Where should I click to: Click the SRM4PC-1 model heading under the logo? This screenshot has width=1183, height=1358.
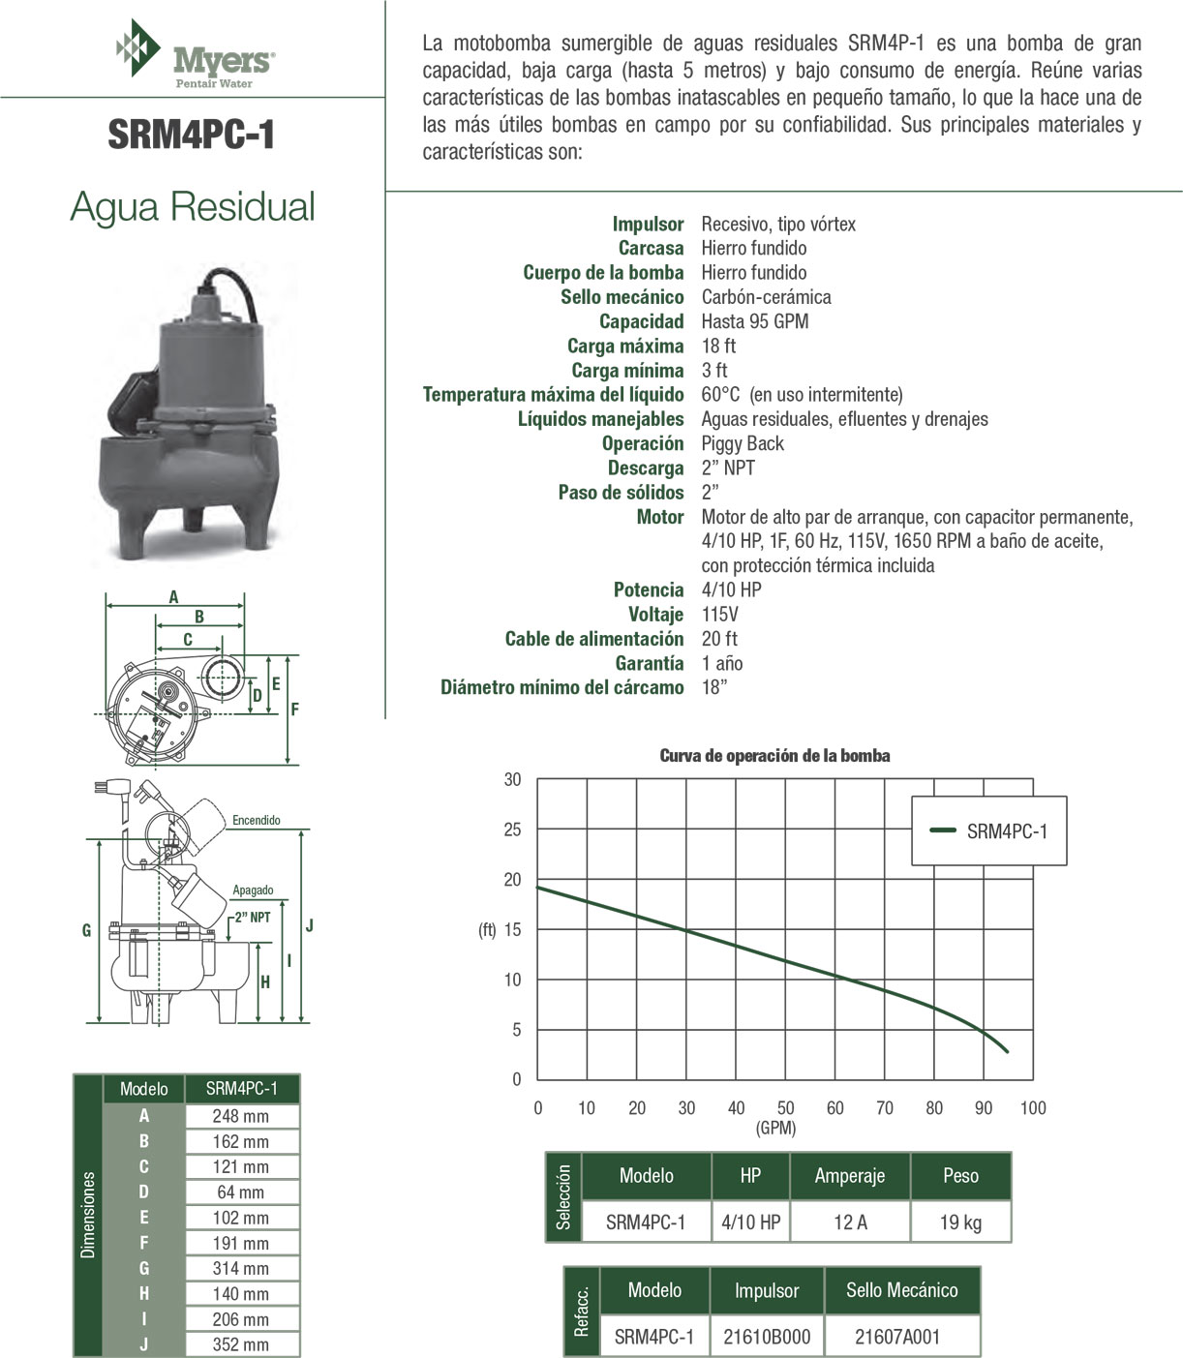point(192,135)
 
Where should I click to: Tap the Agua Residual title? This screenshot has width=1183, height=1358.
point(193,207)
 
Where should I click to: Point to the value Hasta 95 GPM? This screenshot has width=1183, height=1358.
point(754,321)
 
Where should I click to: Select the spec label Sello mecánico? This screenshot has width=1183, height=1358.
point(622,297)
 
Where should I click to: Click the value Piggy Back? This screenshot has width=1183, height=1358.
point(743,443)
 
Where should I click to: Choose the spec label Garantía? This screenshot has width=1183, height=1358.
point(649,663)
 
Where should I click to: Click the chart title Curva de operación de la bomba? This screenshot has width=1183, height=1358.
point(774,756)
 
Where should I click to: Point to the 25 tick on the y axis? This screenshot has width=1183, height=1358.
point(512,830)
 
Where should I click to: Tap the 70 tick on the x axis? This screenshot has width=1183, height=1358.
point(885,1108)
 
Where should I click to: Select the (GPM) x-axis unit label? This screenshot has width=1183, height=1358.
point(774,1128)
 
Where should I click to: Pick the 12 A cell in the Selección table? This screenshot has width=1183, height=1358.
point(850,1222)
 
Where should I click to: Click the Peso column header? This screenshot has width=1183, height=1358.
point(960,1176)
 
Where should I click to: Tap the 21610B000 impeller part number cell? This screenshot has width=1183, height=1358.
point(767,1337)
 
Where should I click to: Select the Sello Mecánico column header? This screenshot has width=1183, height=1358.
point(901,1290)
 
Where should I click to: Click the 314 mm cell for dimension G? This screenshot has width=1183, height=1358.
point(241,1268)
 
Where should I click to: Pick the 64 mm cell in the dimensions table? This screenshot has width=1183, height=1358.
point(241,1192)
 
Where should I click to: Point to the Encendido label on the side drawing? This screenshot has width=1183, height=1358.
point(257,821)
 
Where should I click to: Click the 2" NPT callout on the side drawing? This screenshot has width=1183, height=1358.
point(252,917)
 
